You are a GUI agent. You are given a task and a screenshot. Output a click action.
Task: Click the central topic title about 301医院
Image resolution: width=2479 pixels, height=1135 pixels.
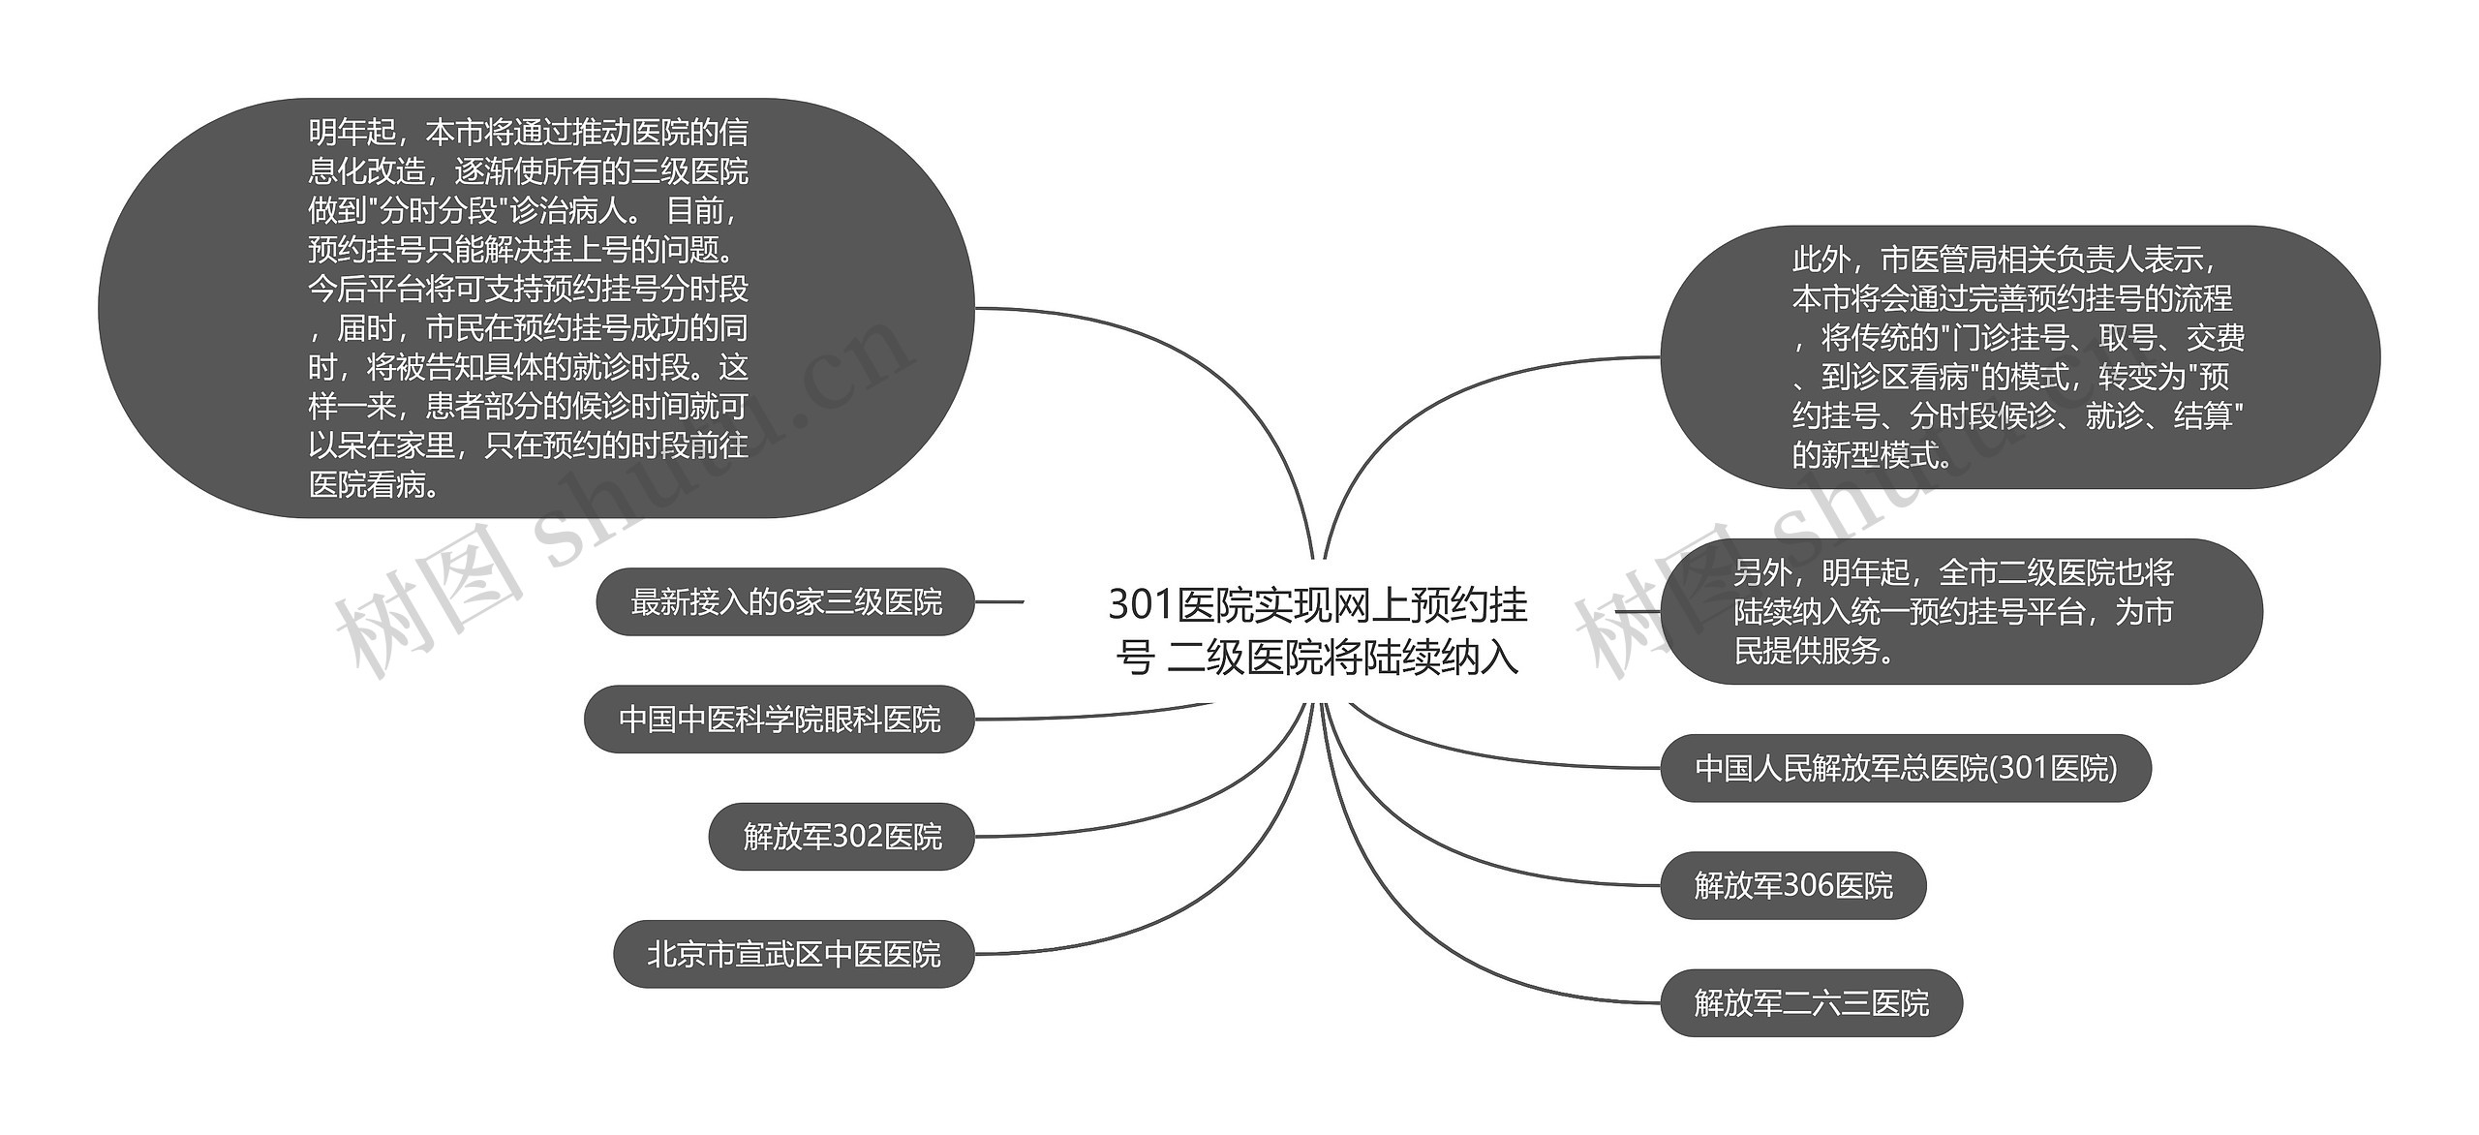[1317, 630]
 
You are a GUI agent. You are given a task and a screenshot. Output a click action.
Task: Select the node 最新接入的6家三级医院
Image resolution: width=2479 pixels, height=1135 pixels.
[784, 602]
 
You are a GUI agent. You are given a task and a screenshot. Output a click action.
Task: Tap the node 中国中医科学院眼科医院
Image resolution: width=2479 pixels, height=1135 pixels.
[779, 720]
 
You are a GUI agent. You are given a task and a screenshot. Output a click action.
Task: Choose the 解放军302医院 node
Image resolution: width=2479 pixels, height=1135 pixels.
[842, 837]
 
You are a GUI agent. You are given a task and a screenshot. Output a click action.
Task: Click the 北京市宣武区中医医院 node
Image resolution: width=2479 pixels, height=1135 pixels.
[793, 955]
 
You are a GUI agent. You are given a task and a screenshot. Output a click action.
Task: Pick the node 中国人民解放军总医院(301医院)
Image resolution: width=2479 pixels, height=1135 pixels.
[1906, 769]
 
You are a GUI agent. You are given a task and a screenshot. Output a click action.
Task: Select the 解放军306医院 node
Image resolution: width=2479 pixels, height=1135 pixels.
[1793, 886]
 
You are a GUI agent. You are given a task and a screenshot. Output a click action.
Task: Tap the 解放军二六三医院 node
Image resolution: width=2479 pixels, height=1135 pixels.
[1811, 1003]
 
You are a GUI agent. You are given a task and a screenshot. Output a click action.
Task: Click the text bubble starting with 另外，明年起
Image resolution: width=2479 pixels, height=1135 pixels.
[1962, 612]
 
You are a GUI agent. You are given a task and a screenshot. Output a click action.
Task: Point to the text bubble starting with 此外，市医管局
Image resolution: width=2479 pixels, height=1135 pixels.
[2020, 356]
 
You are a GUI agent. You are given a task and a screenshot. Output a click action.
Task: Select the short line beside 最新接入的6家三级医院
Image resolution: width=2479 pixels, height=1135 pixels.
[998, 601]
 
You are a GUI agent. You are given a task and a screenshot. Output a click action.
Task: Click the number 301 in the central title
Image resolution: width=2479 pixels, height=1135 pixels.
[1140, 605]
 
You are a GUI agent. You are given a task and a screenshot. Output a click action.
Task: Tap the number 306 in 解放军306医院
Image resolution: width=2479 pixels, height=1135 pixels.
[1809, 886]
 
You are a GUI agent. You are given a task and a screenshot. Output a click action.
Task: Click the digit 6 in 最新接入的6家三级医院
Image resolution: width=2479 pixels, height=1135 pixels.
[786, 602]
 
